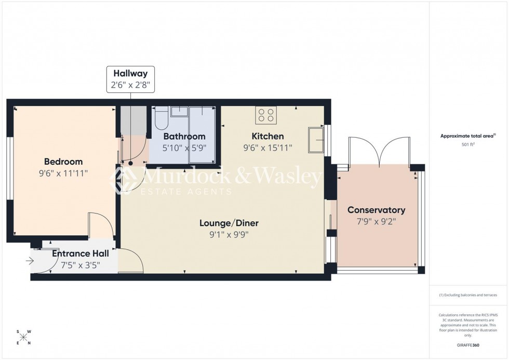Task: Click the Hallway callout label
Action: [x=131, y=74]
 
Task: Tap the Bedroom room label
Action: [x=63, y=162]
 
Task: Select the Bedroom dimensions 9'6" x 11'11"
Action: [x=63, y=172]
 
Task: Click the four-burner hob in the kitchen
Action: [x=266, y=115]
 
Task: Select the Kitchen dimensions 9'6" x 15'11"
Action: [x=267, y=148]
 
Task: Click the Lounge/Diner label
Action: [x=229, y=223]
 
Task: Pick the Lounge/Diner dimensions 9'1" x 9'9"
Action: [x=229, y=234]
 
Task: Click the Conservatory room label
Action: [x=376, y=210]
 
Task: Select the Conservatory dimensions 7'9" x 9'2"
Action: [x=376, y=221]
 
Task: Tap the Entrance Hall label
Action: [x=81, y=254]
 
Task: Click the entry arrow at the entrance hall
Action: [x=30, y=261]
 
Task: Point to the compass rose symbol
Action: [x=23, y=337]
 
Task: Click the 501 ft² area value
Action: [x=468, y=145]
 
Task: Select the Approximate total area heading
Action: [x=468, y=136]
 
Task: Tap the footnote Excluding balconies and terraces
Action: [x=468, y=295]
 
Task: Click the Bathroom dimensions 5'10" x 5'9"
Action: [x=184, y=147]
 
